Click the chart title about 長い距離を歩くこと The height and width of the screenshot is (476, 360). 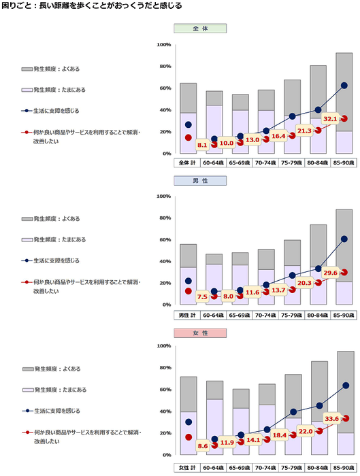[92, 6]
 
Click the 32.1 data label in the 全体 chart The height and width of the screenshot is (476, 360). [330, 118]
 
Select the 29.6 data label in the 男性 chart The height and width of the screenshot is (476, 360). [330, 272]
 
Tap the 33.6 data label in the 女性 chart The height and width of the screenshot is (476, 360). [330, 419]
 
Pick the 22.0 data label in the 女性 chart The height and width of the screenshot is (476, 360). [304, 431]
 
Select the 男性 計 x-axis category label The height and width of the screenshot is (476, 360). [187, 315]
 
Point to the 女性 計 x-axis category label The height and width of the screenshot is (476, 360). [187, 468]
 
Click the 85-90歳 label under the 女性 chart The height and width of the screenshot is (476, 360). [344, 468]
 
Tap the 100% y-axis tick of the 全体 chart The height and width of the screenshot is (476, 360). [163, 45]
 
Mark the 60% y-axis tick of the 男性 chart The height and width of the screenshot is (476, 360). [165, 239]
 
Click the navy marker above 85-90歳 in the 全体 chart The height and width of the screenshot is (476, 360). [344, 86]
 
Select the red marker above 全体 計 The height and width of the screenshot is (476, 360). [188, 137]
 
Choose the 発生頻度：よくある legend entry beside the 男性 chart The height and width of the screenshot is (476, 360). [52, 219]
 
